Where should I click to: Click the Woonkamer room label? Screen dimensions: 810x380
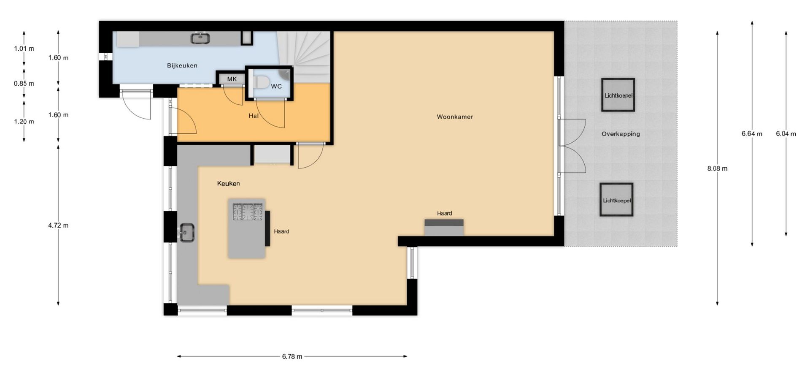coord(455,117)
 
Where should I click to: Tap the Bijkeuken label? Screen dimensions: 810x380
coord(182,65)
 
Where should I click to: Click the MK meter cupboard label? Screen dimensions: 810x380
coord(232,79)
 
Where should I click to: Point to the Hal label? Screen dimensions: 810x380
coord(253,115)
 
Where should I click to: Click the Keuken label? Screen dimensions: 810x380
coord(228,183)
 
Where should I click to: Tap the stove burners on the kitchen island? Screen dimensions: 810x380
coord(248,212)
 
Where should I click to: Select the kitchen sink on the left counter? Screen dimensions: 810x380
coord(186,233)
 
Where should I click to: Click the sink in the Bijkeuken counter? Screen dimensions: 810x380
coord(200,38)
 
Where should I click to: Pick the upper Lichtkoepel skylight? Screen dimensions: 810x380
coord(618,95)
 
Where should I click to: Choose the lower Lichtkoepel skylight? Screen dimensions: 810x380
coord(616,200)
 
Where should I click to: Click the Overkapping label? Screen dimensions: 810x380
coord(621,134)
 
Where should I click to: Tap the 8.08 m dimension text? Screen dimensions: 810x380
coord(717,168)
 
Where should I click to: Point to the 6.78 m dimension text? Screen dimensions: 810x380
coord(292,356)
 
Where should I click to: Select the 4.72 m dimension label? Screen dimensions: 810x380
coord(58,225)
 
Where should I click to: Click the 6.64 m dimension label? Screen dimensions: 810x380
coord(752,134)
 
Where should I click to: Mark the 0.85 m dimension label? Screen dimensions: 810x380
coord(24,84)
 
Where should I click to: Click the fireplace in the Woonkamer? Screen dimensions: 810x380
coord(444,227)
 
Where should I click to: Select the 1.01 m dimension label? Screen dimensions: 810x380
coord(24,49)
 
